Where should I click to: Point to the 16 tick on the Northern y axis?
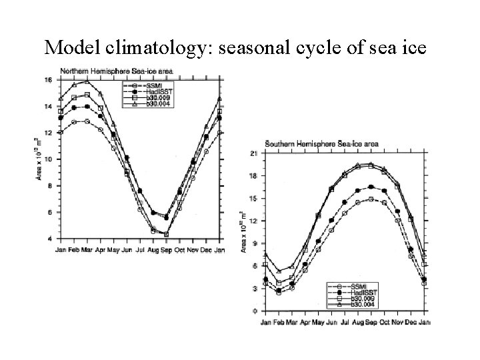pos(47,81)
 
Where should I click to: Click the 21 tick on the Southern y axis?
pos(253,154)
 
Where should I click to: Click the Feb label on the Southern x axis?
pos(279,322)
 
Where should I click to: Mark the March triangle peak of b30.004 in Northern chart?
pos(87,82)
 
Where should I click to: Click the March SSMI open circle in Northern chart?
pos(87,121)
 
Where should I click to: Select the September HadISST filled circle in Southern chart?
pos(371,187)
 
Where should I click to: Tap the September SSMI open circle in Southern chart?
pos(371,199)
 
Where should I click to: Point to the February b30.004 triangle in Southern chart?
pos(279,271)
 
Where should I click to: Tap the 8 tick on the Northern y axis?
pos(49,186)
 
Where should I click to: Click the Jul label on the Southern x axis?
pos(344,322)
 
